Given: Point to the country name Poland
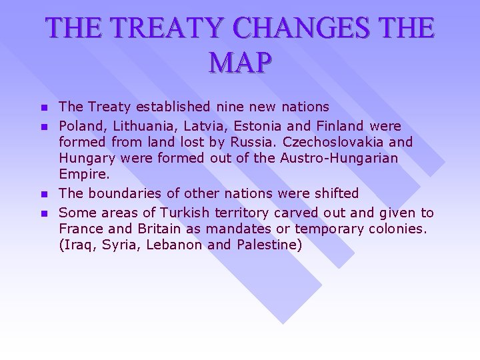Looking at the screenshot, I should pos(82,126).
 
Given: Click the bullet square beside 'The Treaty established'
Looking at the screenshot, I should pos(44,107).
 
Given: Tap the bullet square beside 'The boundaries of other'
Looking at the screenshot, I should pos(44,194).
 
